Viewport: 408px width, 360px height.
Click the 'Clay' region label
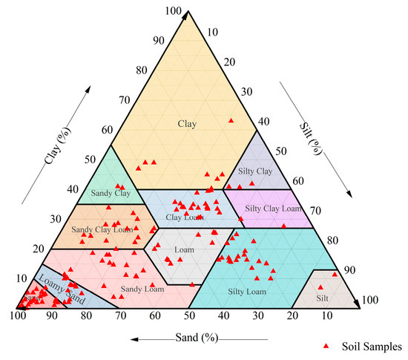(x=187, y=123)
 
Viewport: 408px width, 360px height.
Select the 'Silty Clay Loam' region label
(x=273, y=209)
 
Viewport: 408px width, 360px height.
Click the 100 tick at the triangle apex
(x=174, y=10)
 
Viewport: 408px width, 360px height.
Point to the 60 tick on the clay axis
(x=107, y=131)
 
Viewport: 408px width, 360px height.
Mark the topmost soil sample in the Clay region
(x=231, y=120)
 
